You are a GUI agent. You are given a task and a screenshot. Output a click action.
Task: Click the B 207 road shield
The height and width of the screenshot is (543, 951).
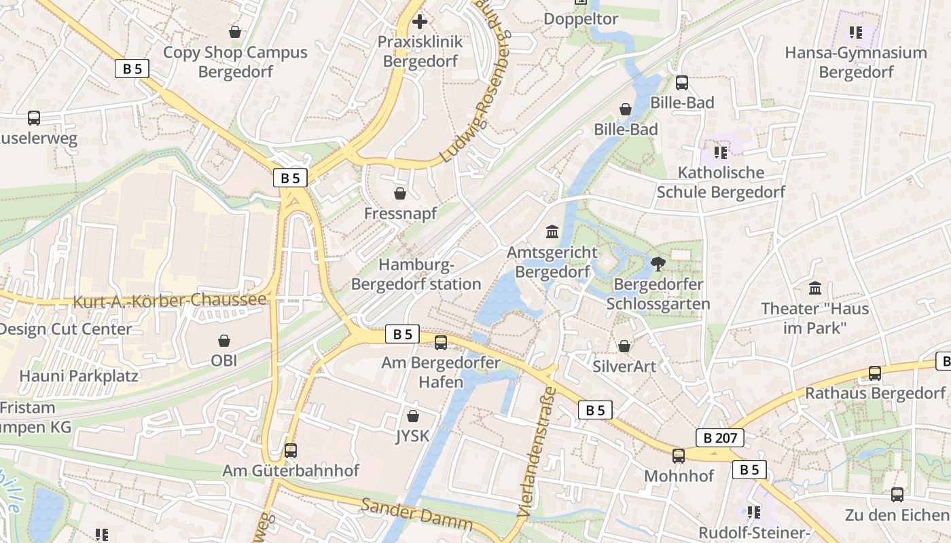720,438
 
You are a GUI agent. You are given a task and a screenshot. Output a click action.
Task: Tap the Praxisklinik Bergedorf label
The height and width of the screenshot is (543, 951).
420,52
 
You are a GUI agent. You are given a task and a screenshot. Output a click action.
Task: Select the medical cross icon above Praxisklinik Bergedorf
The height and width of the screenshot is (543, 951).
420,22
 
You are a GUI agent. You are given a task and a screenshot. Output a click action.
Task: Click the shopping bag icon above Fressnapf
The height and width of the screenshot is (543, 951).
400,193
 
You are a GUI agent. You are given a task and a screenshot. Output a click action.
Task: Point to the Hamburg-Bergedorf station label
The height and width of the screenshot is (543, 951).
416,275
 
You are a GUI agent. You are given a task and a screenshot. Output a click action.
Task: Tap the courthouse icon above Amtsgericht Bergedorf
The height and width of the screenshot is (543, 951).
552,232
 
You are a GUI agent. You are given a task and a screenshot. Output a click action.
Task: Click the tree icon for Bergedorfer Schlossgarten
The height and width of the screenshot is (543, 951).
658,264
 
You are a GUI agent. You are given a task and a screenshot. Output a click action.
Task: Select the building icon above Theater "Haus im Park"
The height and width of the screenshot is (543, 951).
814,288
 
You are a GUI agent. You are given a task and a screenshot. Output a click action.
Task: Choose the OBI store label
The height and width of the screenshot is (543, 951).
224,360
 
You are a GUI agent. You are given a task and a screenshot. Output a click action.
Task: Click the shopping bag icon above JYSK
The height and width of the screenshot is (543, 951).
413,416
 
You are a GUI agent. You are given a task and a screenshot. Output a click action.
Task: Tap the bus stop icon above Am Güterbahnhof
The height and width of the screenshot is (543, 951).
291,450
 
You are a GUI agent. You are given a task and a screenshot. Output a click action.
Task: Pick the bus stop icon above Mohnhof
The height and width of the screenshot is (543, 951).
679,455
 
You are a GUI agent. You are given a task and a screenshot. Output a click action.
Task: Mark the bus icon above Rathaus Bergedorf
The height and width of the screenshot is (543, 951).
875,373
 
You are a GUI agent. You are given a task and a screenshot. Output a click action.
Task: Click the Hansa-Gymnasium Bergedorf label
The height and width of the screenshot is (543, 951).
856,62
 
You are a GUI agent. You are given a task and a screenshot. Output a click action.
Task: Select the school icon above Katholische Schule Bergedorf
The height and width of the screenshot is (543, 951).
721,152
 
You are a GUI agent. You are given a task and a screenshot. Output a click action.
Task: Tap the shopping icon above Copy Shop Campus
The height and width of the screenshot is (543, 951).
235,32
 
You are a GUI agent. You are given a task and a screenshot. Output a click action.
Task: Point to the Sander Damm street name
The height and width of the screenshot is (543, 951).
416,514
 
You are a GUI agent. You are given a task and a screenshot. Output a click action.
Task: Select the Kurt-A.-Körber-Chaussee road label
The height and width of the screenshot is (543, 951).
170,301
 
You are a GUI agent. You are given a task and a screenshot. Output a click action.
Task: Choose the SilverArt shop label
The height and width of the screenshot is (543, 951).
624,367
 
